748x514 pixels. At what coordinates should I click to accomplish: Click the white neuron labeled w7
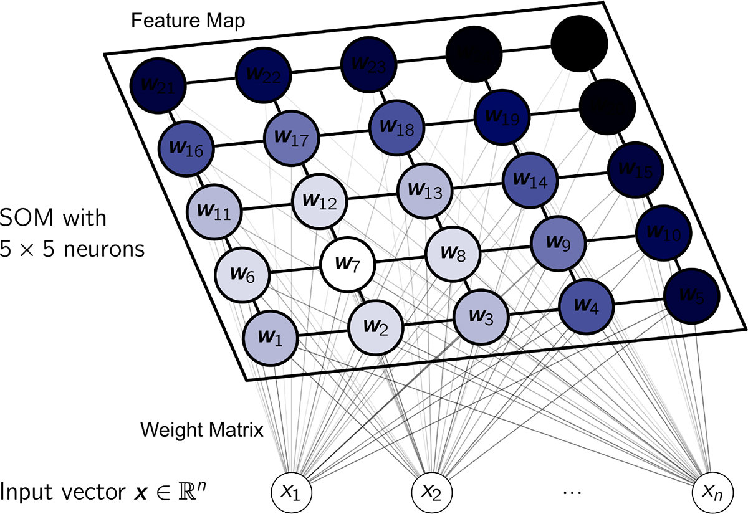point(348,264)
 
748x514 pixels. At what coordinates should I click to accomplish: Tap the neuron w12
point(320,201)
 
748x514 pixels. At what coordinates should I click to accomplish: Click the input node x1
point(291,493)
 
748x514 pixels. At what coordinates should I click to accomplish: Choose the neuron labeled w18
point(396,127)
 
